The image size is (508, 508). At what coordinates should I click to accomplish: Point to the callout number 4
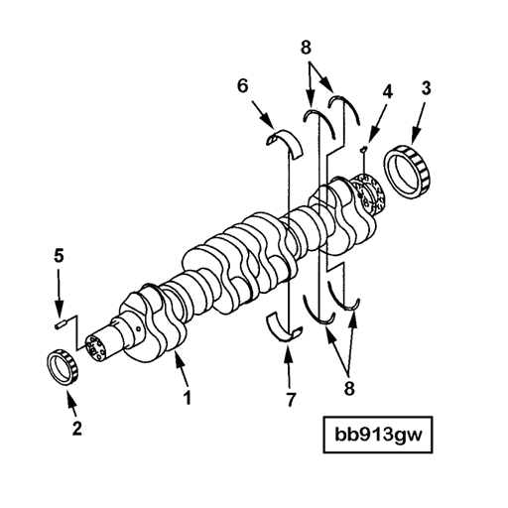click(x=388, y=91)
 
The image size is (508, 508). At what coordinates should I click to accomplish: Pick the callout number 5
click(x=58, y=256)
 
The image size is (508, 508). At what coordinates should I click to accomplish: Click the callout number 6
click(x=240, y=87)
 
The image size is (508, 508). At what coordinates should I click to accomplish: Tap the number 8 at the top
click(x=306, y=46)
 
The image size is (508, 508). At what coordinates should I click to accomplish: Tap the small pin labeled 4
click(x=365, y=150)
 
